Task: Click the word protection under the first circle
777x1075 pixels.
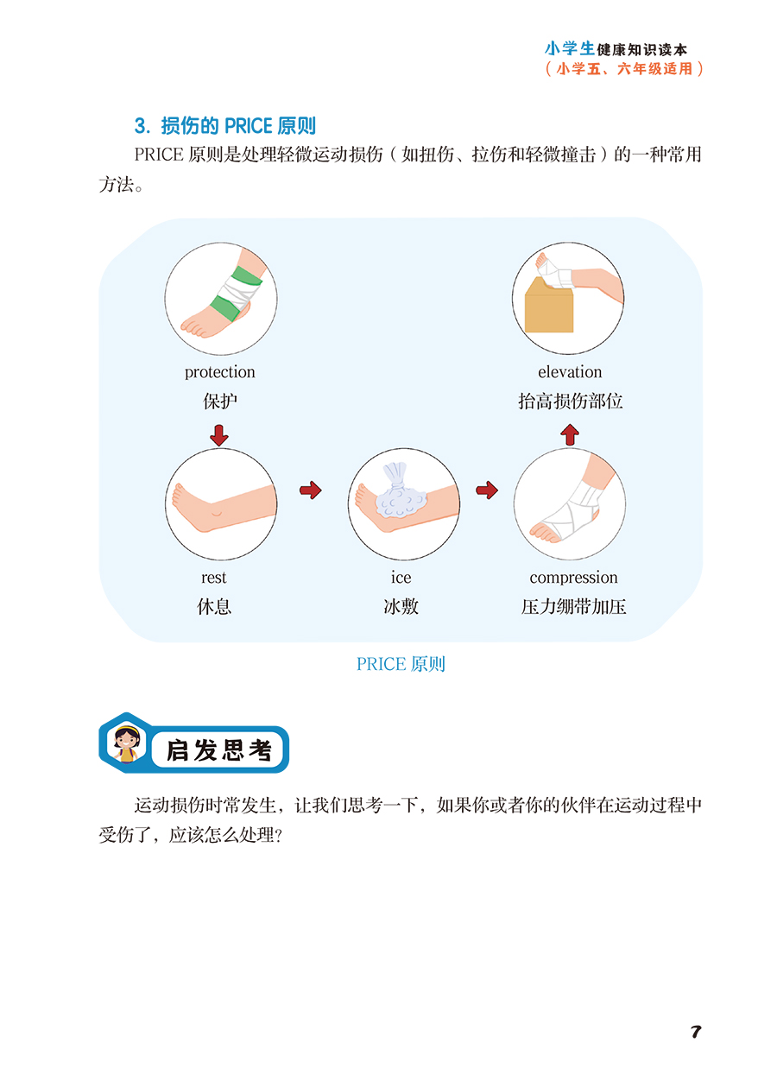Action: tap(220, 372)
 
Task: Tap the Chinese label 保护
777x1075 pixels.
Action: tap(220, 402)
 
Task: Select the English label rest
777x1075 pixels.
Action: tap(213, 578)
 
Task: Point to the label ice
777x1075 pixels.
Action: tap(401, 578)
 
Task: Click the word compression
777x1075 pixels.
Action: tap(573, 578)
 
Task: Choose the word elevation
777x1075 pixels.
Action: tap(570, 372)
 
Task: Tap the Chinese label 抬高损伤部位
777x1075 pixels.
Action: tap(570, 402)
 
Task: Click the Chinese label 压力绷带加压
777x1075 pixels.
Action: tap(573, 607)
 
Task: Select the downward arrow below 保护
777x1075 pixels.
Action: tap(219, 434)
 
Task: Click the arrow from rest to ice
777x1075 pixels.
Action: tap(310, 490)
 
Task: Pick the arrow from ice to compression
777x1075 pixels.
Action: tap(487, 490)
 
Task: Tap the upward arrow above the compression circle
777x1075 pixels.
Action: tap(569, 434)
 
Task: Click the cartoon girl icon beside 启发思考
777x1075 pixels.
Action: tap(127, 745)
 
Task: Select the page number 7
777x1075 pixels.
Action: tap(696, 1032)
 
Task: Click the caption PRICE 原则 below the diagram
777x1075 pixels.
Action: tap(401, 664)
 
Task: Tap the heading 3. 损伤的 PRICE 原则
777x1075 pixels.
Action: tap(224, 126)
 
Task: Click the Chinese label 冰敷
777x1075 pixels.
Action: tap(401, 607)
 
